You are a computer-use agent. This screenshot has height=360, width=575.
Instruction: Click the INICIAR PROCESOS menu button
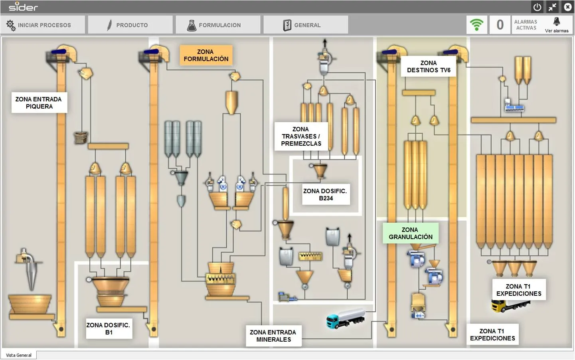tap(43, 25)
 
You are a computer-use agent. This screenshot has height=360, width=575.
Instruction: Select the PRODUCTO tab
tap(130, 25)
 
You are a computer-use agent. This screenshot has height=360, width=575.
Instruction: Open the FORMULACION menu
tap(218, 25)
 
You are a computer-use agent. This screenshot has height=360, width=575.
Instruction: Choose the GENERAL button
tap(306, 25)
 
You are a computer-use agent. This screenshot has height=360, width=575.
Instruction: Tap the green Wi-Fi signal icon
tap(477, 25)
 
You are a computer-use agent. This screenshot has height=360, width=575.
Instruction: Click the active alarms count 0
tap(500, 25)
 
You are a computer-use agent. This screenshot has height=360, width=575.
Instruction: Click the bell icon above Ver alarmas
tap(557, 22)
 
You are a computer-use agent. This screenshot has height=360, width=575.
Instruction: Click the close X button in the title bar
tap(567, 7)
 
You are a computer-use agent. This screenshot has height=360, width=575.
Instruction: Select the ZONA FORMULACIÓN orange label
tap(206, 55)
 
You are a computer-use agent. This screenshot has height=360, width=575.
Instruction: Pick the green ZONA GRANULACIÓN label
tap(411, 233)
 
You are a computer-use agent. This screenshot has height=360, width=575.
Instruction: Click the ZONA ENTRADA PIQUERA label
tap(39, 103)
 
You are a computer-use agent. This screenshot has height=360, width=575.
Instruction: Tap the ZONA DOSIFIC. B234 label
tap(326, 194)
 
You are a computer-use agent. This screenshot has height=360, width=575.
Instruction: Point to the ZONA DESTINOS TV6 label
tap(429, 66)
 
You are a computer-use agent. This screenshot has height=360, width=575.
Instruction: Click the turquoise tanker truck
tap(346, 318)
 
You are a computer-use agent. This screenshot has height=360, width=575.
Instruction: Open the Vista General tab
tap(19, 355)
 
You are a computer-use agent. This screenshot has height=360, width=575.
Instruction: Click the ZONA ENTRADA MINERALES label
tap(273, 336)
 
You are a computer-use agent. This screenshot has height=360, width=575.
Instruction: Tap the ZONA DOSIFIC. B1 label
tap(109, 329)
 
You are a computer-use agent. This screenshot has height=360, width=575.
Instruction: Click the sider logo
tap(23, 7)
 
